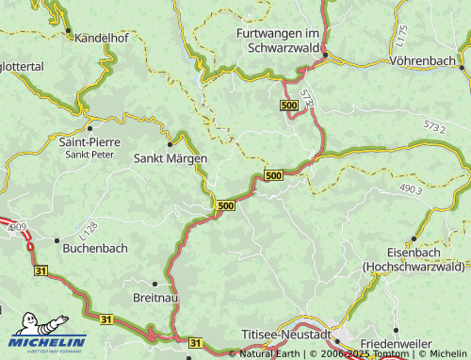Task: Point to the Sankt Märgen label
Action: pyautogui.click(x=170, y=158)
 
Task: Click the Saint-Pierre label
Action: pyautogui.click(x=89, y=142)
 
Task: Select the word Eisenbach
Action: pyautogui.click(x=415, y=254)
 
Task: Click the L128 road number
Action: pyautogui.click(x=89, y=228)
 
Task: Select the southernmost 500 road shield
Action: pyautogui.click(x=226, y=205)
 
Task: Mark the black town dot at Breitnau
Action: pyautogui.click(x=154, y=282)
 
